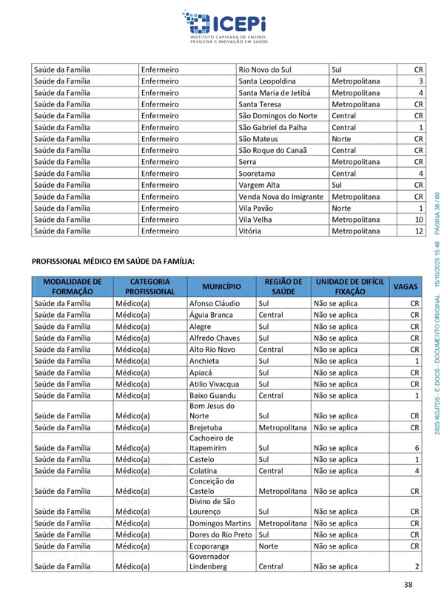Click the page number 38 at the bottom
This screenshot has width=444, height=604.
(x=408, y=585)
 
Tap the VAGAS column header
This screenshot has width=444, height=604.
(x=405, y=287)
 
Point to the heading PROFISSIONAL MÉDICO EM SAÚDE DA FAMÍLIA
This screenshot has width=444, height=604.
(x=113, y=261)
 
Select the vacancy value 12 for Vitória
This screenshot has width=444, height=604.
(x=418, y=231)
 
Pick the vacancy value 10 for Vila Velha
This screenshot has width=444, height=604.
(x=418, y=220)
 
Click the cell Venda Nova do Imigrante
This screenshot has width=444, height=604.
(x=280, y=197)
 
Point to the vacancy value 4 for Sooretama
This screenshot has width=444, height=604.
(x=420, y=173)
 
